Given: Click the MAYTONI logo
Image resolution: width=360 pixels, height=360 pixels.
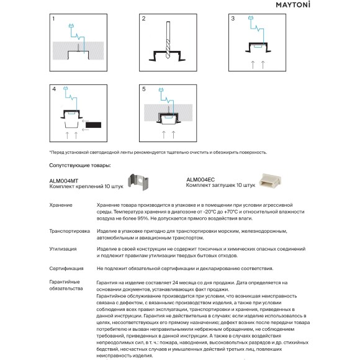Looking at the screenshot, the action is pos(293,5).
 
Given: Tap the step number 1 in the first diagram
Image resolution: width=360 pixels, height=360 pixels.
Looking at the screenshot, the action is pos(53,19).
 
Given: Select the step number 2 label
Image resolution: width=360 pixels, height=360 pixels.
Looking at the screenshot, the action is pos(144,19).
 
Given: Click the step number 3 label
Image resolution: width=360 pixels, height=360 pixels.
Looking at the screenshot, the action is pos(233,19).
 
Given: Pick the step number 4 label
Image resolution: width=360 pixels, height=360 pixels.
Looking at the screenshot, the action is pos(54,89).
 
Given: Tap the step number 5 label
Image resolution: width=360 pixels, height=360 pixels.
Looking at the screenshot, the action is pos(144,89).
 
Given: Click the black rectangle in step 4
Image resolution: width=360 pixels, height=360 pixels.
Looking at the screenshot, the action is pos(94,125).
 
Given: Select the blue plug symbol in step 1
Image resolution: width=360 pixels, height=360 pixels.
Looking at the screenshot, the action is pos(71,25).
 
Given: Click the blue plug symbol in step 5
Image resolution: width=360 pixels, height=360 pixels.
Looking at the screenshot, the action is pos(161,89).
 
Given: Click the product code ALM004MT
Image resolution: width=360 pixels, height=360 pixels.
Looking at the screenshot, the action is pos(63,181).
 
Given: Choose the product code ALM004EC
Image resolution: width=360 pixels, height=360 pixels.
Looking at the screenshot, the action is pos(200,180).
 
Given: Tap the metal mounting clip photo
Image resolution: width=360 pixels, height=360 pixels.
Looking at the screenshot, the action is pos(138,182).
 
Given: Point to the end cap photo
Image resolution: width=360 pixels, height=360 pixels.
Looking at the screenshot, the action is pos(270,181).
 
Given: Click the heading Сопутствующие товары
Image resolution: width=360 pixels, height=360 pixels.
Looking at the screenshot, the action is pos(80,166).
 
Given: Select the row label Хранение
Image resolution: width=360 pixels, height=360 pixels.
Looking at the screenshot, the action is pos(61,205).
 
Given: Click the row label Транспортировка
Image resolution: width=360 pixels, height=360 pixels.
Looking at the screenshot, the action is pos(70,231).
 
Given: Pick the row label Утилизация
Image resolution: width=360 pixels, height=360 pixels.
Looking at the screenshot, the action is pos(63,249).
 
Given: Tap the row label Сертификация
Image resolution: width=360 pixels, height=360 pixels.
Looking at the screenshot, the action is pos(66,269).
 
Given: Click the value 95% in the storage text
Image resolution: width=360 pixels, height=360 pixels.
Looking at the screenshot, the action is pos(143,218).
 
